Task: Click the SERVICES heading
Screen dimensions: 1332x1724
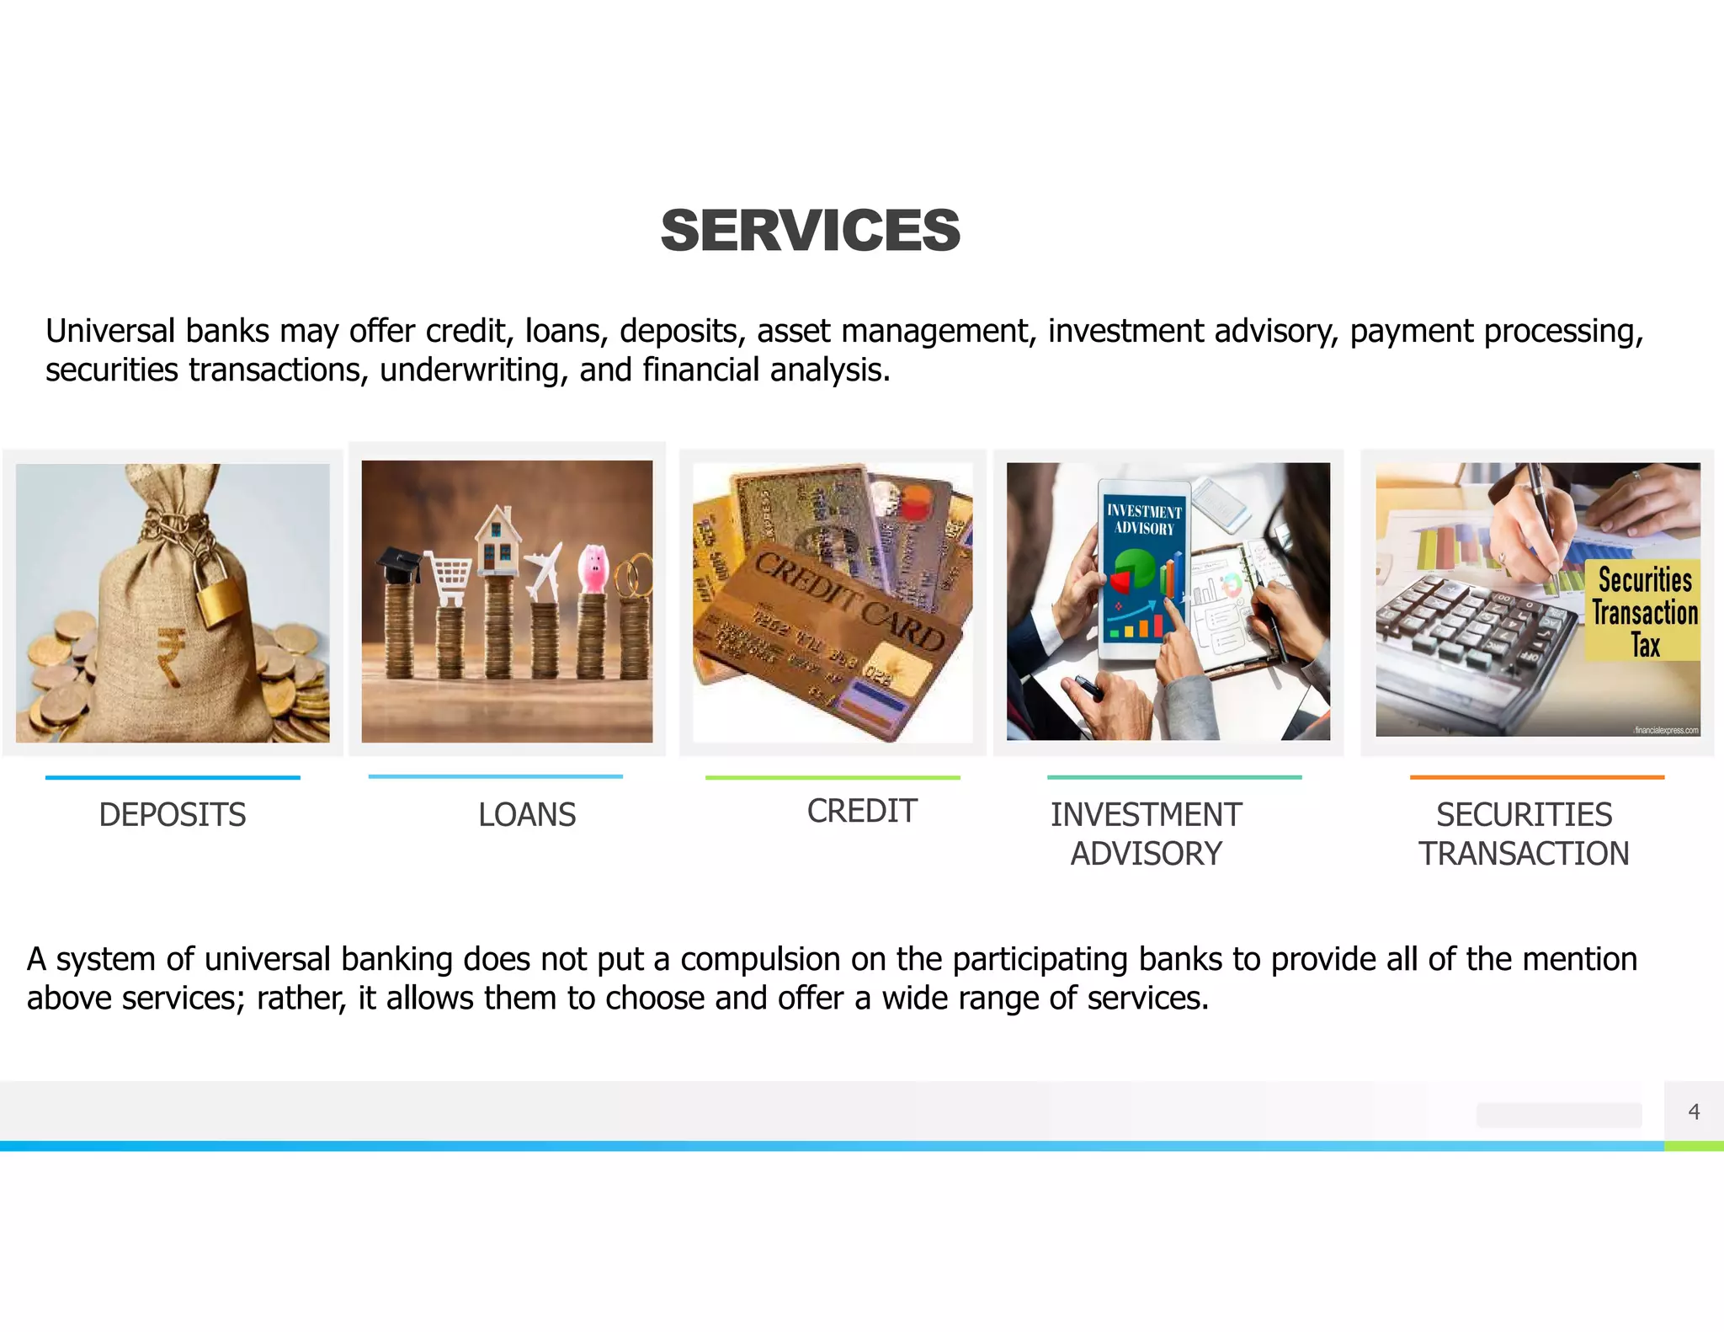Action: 810,231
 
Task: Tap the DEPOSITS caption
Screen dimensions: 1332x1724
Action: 173,815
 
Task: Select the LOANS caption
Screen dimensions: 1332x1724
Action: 527,815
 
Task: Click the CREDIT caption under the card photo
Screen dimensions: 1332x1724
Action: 861,812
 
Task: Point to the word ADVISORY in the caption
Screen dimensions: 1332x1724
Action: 1146,854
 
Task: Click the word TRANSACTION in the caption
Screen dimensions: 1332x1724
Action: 1524,854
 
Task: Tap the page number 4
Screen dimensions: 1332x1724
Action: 1694,1112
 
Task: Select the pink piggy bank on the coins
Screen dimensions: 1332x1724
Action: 593,568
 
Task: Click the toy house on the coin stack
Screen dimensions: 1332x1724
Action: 498,540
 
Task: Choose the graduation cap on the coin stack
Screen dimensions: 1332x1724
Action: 398,565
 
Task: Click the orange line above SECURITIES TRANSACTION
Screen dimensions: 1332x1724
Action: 1536,777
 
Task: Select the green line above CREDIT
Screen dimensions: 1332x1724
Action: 832,777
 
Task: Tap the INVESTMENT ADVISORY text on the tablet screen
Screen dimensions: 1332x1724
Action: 1143,519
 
